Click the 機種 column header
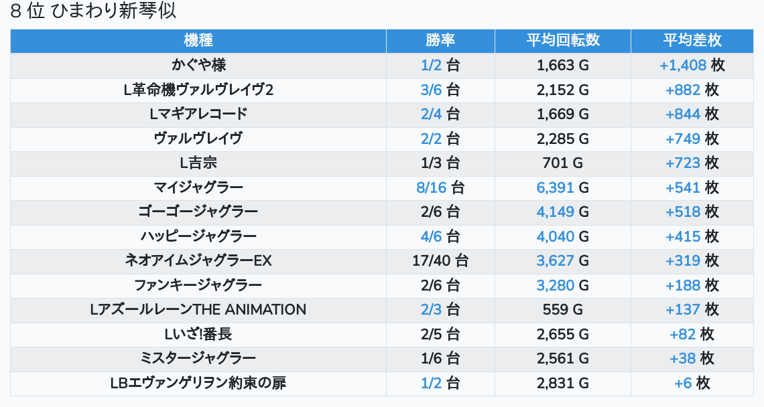[x=198, y=40]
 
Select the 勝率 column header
[x=440, y=40]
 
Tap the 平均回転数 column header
[x=562, y=40]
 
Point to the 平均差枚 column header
[x=692, y=40]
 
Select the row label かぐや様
[x=198, y=65]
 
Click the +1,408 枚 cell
[x=692, y=65]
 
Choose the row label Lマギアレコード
[x=198, y=114]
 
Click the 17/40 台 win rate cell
[x=440, y=260]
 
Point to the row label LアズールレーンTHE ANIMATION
[x=198, y=309]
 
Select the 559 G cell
[x=562, y=309]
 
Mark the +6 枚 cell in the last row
[x=692, y=383]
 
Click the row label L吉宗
[x=198, y=163]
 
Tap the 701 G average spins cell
[x=562, y=163]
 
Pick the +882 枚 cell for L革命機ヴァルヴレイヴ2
[x=692, y=90]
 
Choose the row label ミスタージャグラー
[x=198, y=358]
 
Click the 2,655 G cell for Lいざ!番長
[x=562, y=334]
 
